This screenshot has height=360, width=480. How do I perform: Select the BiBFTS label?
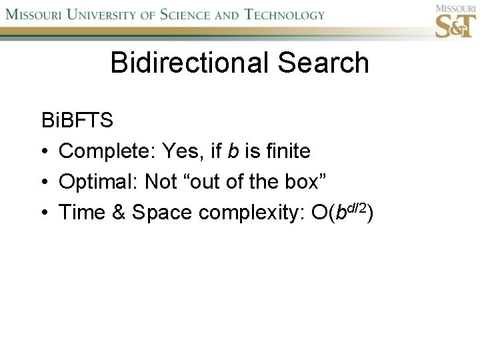click(77, 121)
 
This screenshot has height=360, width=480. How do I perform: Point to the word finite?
click(288, 151)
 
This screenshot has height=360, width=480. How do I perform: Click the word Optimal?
click(94, 182)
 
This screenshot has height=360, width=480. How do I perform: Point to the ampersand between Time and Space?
click(119, 213)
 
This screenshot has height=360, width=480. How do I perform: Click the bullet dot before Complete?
click(45, 152)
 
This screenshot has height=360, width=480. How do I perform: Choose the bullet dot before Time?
click(45, 213)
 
